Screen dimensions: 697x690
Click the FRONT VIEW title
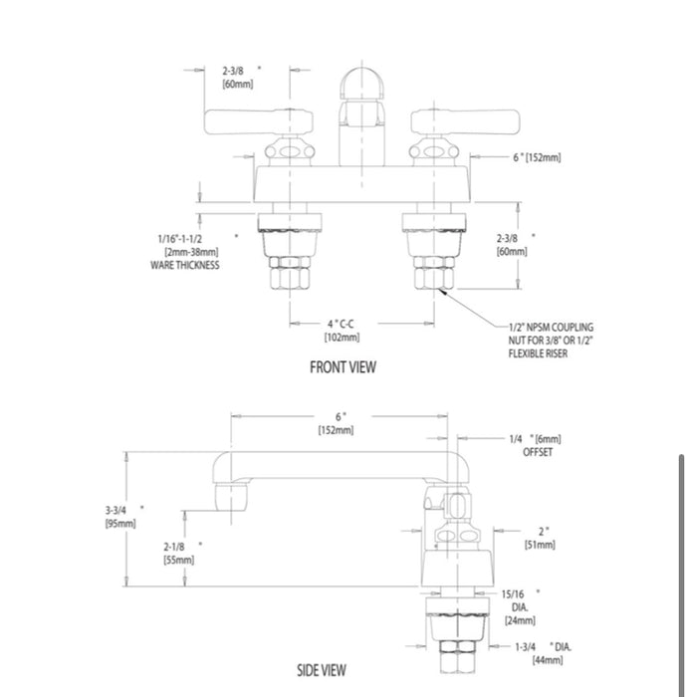[x=343, y=367]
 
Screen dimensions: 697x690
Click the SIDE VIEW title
[x=322, y=670]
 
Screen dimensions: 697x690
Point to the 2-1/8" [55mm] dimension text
[x=179, y=553]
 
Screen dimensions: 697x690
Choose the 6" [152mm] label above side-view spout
[x=339, y=423]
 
